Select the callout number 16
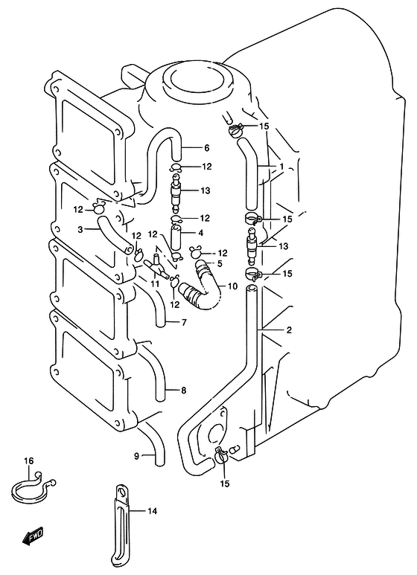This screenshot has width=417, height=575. [28, 460]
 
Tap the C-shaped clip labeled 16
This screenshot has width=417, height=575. [32, 488]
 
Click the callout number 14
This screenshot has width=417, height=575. [152, 510]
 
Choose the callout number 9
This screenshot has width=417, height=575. [136, 456]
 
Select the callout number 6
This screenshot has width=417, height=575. [207, 148]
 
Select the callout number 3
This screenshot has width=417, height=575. [80, 230]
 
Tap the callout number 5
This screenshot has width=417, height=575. [220, 263]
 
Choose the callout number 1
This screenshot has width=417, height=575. [281, 167]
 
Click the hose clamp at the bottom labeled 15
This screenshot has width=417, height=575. [221, 455]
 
